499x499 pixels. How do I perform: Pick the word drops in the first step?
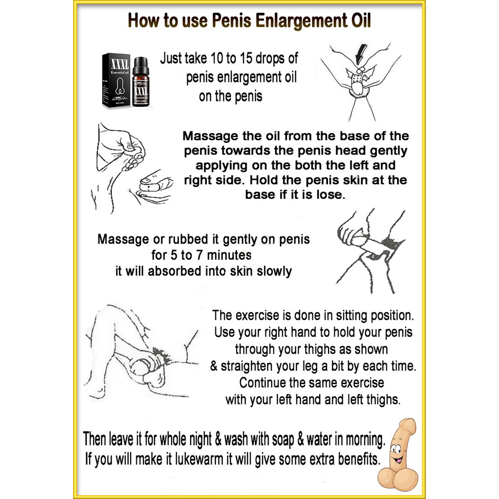[270, 59]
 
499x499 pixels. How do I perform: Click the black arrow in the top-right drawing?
[361, 54]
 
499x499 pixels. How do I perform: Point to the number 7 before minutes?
[199, 255]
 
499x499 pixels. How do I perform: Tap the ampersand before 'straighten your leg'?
[214, 366]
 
